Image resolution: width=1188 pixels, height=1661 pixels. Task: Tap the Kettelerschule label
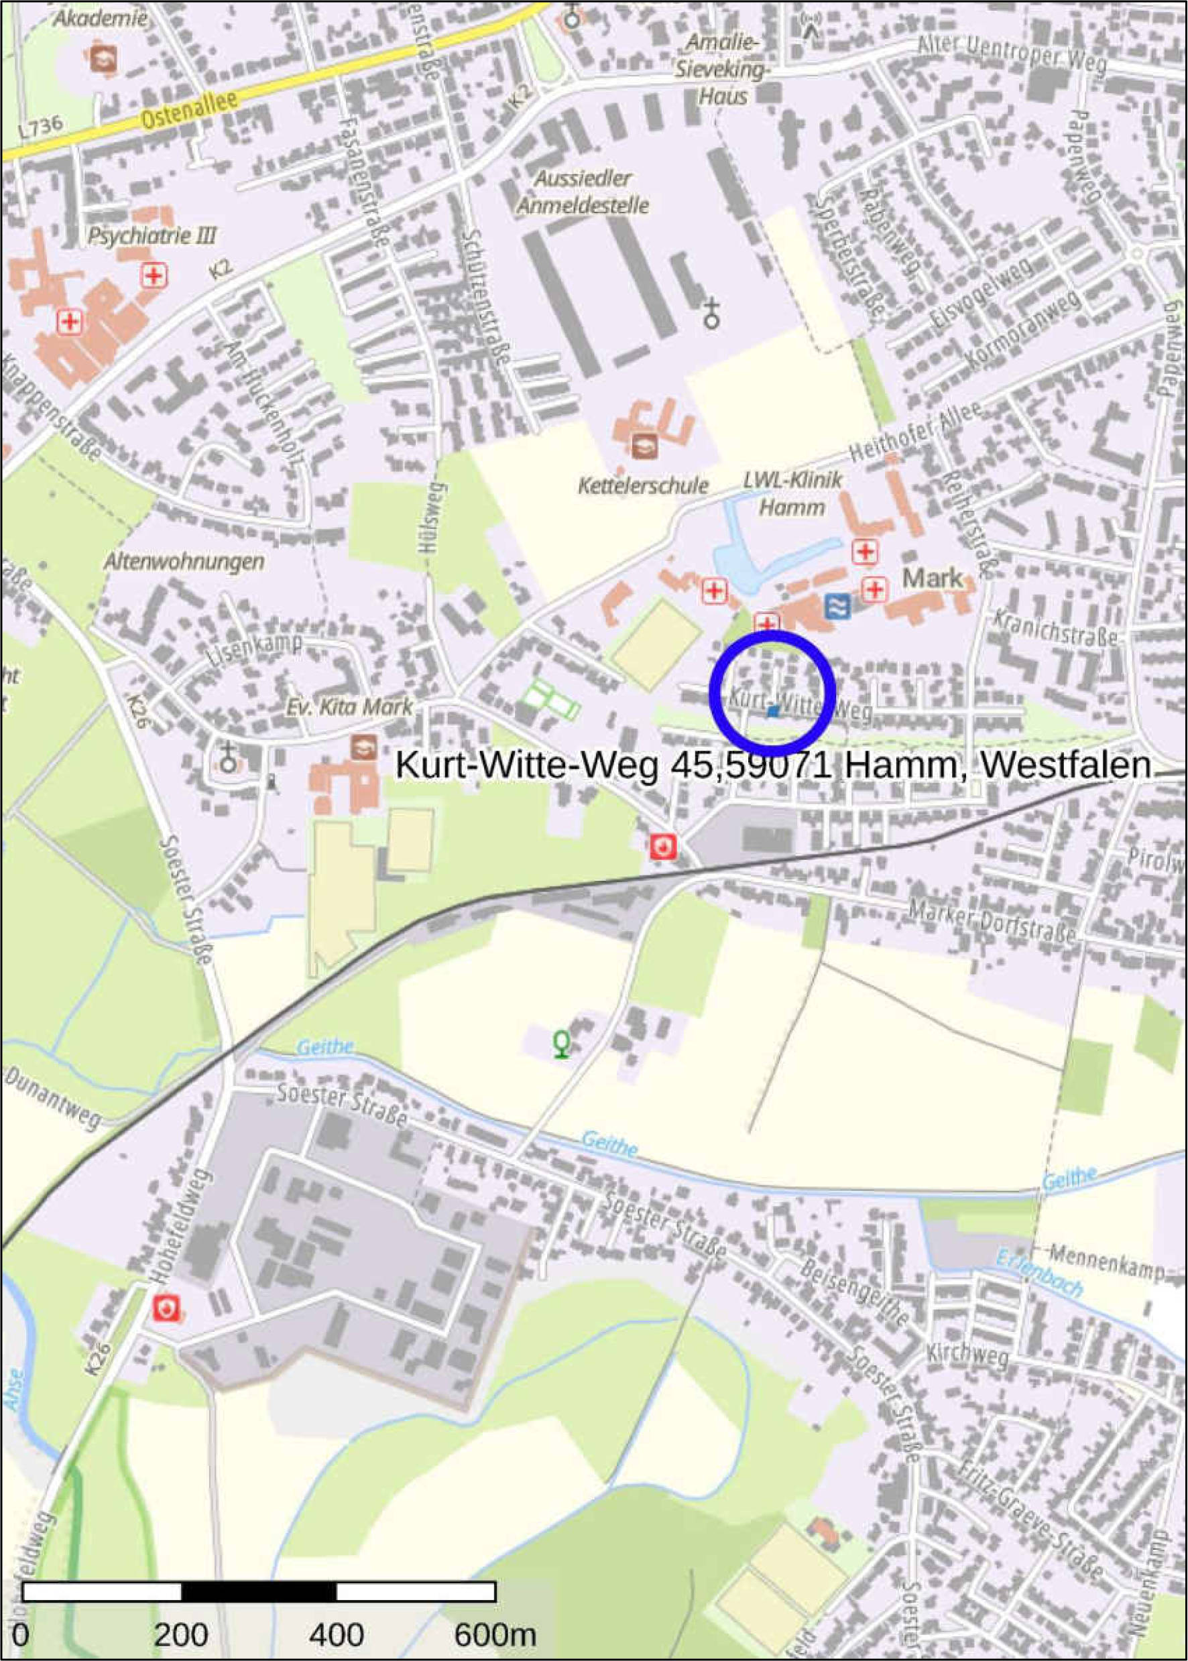click(x=642, y=485)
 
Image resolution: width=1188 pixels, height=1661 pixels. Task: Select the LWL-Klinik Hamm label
click(x=793, y=494)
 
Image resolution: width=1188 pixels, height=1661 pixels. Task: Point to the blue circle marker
click(x=772, y=692)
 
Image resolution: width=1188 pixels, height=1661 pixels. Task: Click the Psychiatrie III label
click(x=152, y=235)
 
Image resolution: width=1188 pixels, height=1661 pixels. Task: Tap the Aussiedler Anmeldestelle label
click(x=583, y=192)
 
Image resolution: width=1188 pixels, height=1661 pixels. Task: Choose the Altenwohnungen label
click(x=184, y=562)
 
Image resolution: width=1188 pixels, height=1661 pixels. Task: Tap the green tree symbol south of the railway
click(x=561, y=1043)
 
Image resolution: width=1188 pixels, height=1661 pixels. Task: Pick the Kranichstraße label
click(x=1055, y=628)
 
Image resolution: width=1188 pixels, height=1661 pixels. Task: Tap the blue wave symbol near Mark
click(x=837, y=605)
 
